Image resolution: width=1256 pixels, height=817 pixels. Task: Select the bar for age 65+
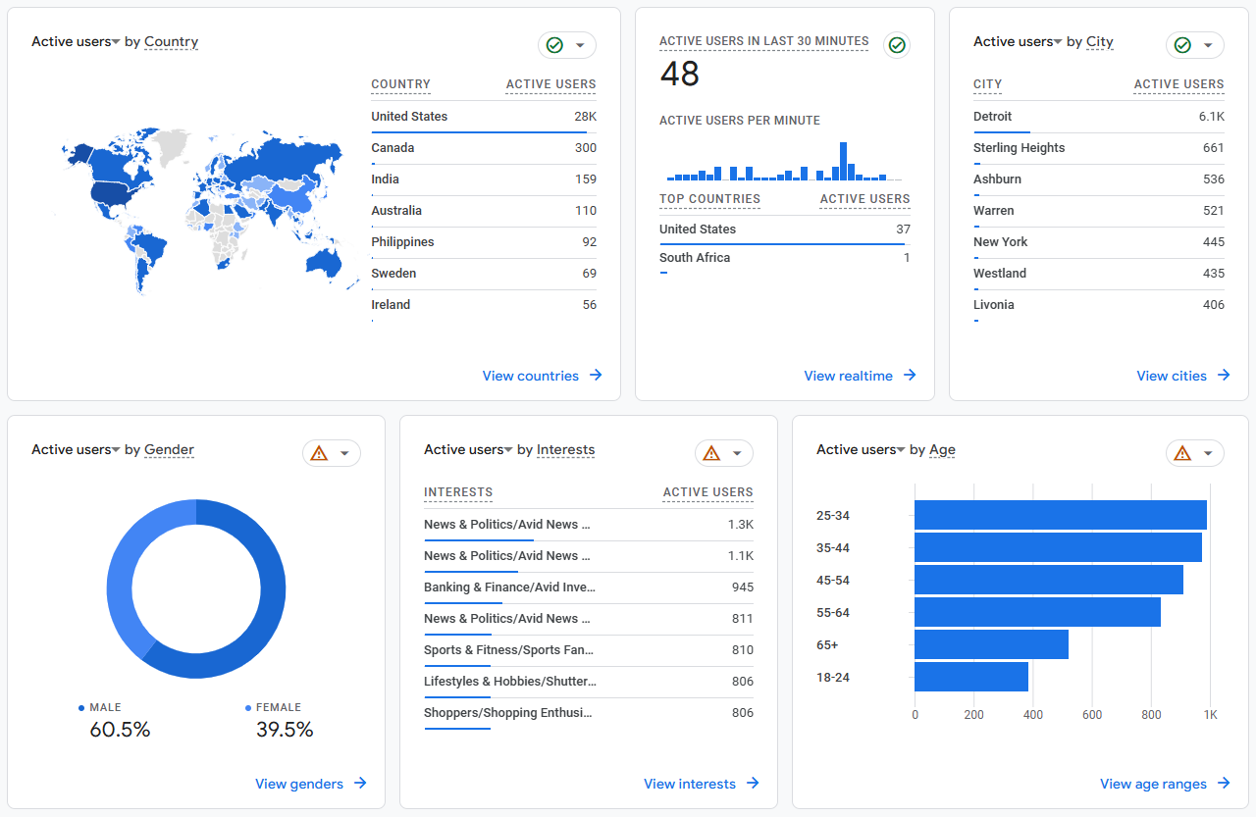click(991, 644)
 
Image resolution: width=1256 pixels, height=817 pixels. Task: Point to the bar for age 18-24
click(971, 677)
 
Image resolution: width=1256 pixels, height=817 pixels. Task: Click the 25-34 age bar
click(1060, 515)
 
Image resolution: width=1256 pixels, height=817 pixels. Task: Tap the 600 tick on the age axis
click(1092, 715)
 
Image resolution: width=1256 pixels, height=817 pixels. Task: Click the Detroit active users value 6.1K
click(1211, 117)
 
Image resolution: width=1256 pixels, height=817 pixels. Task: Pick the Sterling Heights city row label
click(1019, 148)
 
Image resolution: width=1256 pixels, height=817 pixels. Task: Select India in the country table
click(385, 179)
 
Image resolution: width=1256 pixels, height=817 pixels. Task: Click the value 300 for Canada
click(585, 148)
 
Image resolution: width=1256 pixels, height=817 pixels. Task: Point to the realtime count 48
click(679, 74)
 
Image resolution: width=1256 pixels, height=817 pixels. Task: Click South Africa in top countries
click(695, 258)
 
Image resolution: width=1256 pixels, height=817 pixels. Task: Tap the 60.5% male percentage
click(120, 730)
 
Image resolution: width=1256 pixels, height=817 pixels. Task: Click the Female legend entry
click(278, 707)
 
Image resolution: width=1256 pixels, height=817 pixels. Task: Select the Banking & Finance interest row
click(509, 587)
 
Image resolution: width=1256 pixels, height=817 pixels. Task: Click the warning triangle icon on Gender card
click(319, 453)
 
